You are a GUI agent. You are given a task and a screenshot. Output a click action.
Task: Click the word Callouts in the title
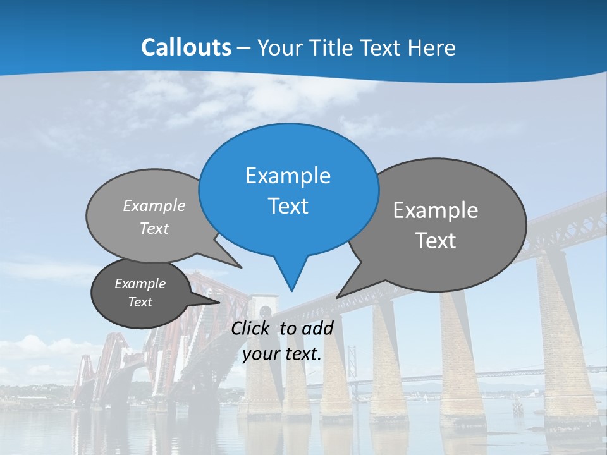[186, 47]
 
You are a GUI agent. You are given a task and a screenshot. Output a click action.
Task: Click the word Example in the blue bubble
[288, 175]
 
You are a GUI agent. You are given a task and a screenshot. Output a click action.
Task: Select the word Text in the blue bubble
[288, 206]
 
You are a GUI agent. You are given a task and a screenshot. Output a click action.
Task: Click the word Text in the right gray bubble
[436, 241]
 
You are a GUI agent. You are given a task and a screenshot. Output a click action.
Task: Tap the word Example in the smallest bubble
[140, 284]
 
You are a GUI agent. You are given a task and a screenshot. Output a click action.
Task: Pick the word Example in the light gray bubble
[154, 205]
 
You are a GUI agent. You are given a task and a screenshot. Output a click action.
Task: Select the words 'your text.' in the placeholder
[282, 354]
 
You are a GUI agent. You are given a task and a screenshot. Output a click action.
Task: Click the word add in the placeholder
[317, 328]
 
